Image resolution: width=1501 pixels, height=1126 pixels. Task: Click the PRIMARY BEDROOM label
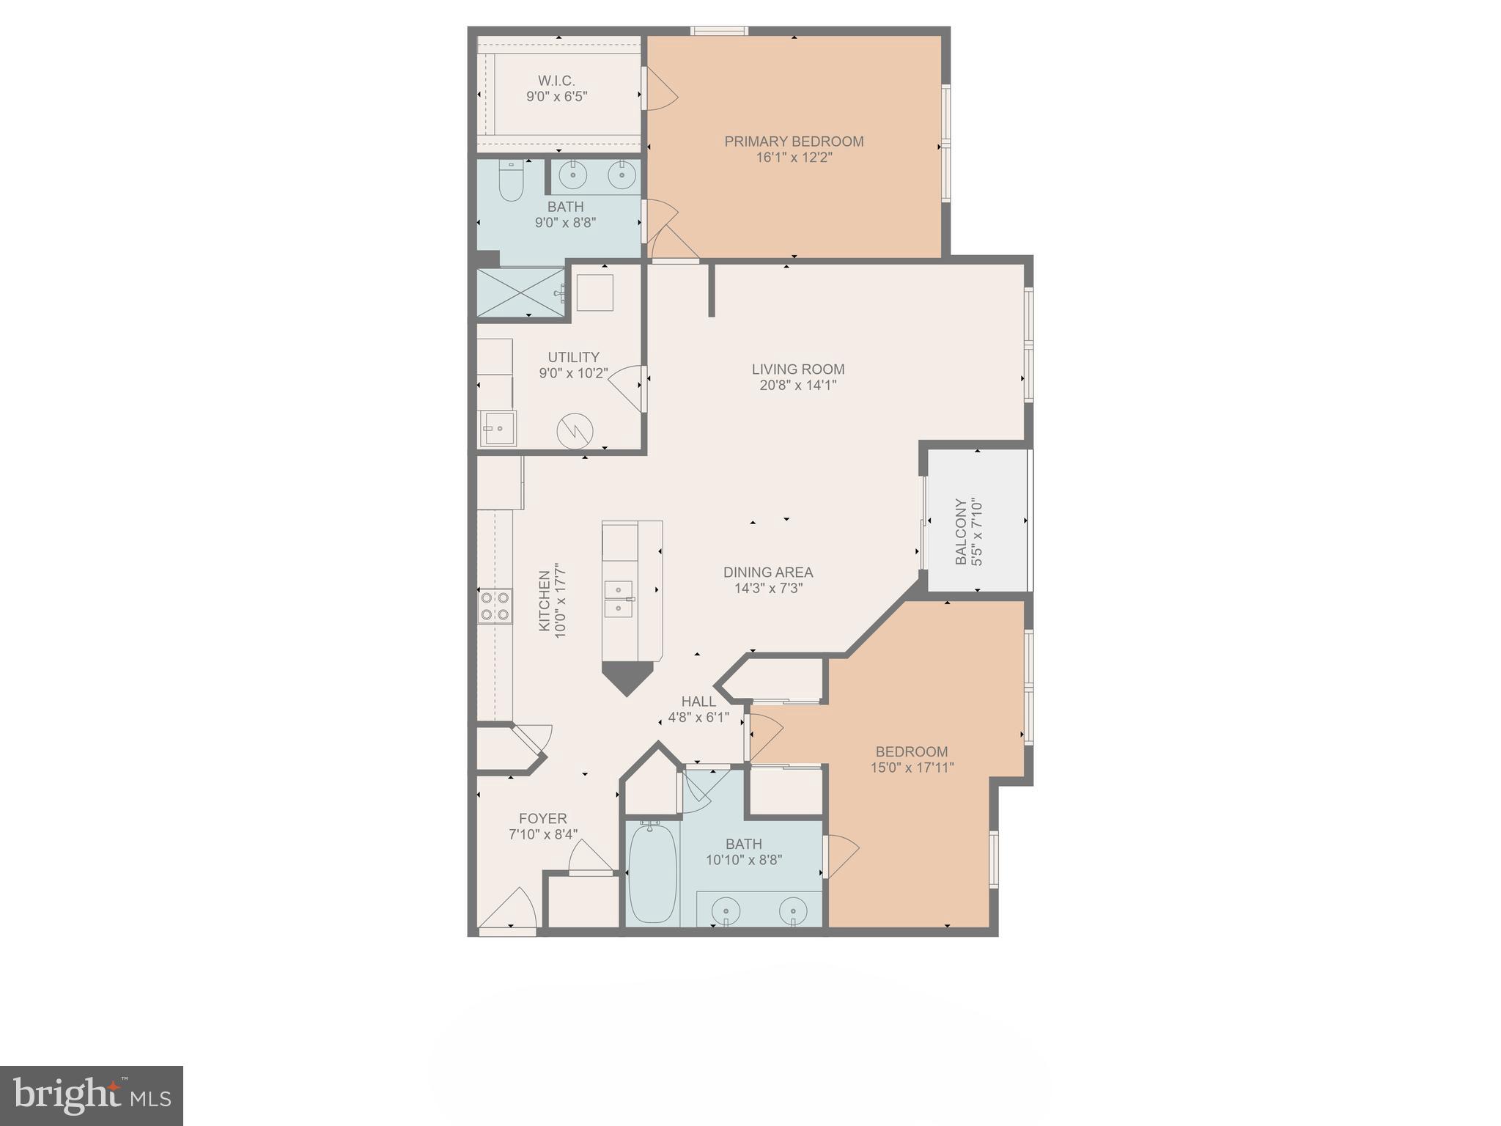(x=794, y=141)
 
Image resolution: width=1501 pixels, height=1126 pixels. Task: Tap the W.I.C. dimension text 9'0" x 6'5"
(x=556, y=97)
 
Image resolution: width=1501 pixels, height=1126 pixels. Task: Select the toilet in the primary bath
(x=510, y=181)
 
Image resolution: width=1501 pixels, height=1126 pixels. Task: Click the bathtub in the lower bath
(x=652, y=872)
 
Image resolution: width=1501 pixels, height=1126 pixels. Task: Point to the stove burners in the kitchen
(x=495, y=606)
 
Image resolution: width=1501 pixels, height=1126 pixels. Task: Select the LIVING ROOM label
(x=797, y=369)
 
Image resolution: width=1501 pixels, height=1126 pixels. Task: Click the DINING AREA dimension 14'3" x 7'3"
(x=768, y=588)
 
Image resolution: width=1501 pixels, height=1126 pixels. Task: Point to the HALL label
(x=698, y=702)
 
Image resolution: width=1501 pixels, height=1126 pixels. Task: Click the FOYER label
(x=542, y=819)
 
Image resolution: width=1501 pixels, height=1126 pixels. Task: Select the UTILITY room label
(x=573, y=357)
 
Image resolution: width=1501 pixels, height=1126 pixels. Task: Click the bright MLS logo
(x=91, y=1096)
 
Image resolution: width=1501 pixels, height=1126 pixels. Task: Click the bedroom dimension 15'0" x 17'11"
(x=912, y=768)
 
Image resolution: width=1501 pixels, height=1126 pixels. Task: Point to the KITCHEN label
(x=544, y=601)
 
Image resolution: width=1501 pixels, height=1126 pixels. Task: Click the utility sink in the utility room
(x=498, y=428)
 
